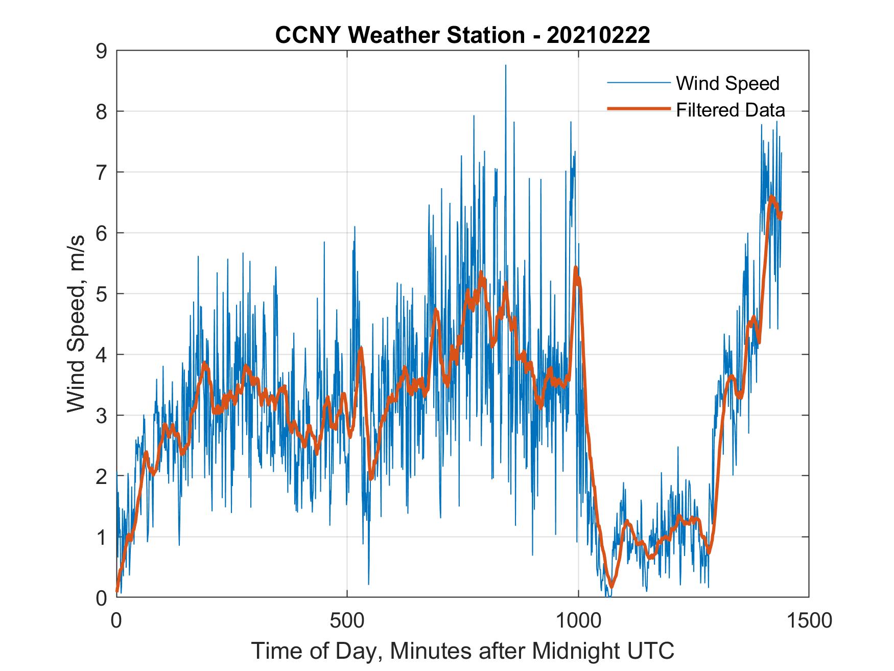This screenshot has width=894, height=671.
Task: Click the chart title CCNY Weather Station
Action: (398, 35)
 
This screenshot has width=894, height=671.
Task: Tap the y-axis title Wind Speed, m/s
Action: (77, 324)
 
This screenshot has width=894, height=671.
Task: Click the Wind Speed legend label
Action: (727, 83)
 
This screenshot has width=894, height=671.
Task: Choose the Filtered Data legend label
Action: (731, 110)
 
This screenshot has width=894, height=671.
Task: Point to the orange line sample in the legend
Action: (639, 109)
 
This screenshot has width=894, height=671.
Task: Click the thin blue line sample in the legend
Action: (639, 82)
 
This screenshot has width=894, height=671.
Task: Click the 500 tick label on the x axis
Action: (347, 620)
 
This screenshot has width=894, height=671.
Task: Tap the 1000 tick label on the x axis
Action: (578, 620)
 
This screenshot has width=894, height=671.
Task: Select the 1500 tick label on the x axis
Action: (809, 620)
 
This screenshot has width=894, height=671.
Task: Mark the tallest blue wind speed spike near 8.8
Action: (505, 66)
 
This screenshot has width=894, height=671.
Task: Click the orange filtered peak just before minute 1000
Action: (576, 268)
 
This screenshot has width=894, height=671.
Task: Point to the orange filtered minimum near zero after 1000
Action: (611, 586)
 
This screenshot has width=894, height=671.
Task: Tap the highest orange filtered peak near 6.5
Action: (771, 197)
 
